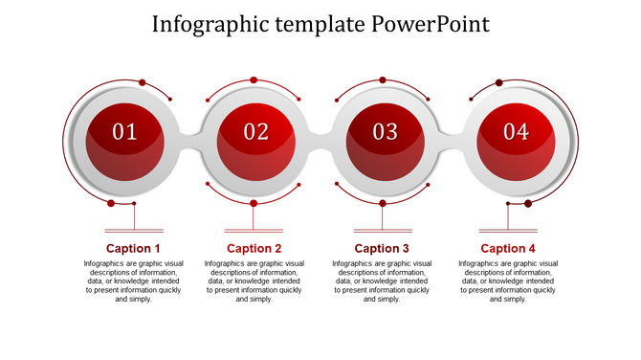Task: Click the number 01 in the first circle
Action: click(x=125, y=132)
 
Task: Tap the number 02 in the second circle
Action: click(x=255, y=132)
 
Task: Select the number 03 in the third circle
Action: click(x=385, y=132)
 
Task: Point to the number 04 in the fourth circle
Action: click(x=516, y=132)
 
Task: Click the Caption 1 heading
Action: click(x=133, y=249)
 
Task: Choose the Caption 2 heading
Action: click(x=254, y=249)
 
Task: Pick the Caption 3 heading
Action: click(x=382, y=249)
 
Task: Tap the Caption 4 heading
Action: click(x=508, y=249)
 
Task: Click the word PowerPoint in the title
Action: click(x=431, y=23)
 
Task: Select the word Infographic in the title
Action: click(x=205, y=23)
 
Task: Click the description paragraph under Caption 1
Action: click(x=133, y=281)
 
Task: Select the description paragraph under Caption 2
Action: click(x=254, y=281)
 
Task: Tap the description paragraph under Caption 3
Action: click(x=382, y=281)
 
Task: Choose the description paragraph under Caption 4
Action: click(x=508, y=281)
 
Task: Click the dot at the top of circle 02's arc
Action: click(x=254, y=80)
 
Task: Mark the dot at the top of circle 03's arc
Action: click(x=383, y=80)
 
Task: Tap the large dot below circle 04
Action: click(x=528, y=203)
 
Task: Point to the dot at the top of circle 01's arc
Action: click(x=143, y=81)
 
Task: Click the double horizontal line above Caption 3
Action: click(x=383, y=231)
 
